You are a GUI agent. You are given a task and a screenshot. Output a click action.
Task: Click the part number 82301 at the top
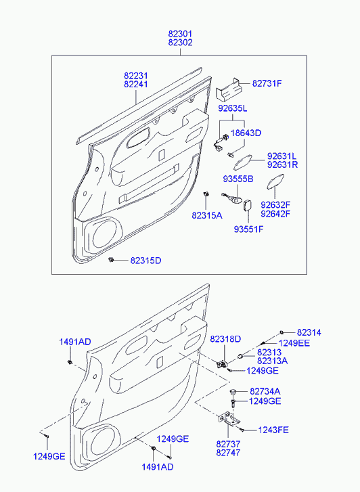180,34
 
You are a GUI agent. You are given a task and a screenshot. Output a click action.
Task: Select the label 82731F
267,83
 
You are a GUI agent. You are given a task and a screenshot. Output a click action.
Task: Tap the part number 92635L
233,108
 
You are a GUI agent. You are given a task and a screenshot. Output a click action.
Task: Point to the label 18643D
246,133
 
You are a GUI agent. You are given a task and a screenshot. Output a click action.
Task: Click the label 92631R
282,164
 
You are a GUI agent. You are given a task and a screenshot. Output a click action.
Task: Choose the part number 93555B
238,179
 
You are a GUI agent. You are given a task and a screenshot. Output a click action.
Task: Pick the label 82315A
207,215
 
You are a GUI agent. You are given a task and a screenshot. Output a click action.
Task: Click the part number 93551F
248,229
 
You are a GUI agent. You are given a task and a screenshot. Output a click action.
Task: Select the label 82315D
145,261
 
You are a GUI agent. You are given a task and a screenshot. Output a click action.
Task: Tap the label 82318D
225,339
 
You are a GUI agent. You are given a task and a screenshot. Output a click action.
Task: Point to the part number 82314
309,332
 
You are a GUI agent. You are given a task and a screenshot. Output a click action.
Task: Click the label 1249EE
294,343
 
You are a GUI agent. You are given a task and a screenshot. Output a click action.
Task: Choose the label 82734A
265,391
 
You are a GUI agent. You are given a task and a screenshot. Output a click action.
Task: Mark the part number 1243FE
273,430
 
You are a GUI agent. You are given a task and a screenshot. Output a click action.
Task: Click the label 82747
228,453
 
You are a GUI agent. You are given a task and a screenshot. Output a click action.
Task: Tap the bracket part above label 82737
229,419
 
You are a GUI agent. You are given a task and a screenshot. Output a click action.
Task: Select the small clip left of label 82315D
110,260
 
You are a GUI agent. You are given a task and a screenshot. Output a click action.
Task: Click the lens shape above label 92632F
275,182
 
